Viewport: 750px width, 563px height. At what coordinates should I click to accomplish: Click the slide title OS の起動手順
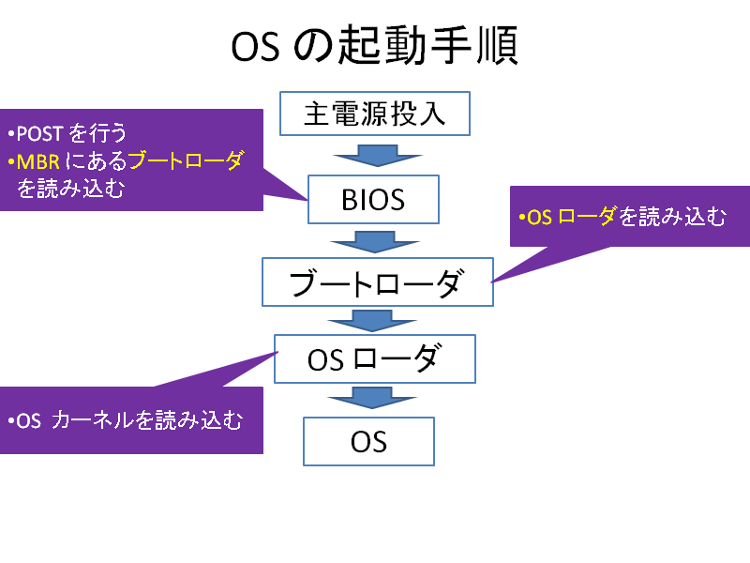[x=374, y=45]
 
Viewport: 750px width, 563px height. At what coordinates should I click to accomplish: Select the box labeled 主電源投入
[x=375, y=114]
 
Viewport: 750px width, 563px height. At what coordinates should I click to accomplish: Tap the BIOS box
[x=373, y=199]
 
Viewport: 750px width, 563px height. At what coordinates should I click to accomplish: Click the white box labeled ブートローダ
[x=378, y=282]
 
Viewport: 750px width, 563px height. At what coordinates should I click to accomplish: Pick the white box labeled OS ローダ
[x=374, y=358]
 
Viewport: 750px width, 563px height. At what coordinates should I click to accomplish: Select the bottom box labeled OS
[x=368, y=441]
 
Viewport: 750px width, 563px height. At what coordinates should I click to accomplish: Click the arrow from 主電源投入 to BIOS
[x=378, y=156]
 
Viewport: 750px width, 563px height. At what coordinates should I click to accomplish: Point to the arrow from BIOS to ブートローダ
[x=375, y=242]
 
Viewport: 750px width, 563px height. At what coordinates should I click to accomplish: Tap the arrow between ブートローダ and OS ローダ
[x=372, y=321]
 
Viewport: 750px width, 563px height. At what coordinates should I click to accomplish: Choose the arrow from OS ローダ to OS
[x=372, y=398]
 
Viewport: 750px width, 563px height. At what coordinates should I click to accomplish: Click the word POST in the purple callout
[x=39, y=134]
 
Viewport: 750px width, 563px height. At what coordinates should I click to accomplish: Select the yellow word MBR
[x=38, y=162]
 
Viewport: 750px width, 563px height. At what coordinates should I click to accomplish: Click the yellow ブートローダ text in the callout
[x=187, y=160]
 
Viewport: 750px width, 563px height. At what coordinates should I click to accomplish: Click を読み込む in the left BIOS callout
[x=71, y=189]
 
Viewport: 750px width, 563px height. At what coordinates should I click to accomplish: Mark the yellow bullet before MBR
[x=11, y=161]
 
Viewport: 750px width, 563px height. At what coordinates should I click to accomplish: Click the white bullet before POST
[x=11, y=133]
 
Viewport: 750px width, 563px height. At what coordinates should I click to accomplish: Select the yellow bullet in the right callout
[x=522, y=218]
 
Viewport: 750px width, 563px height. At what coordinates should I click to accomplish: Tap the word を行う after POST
[x=97, y=133]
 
